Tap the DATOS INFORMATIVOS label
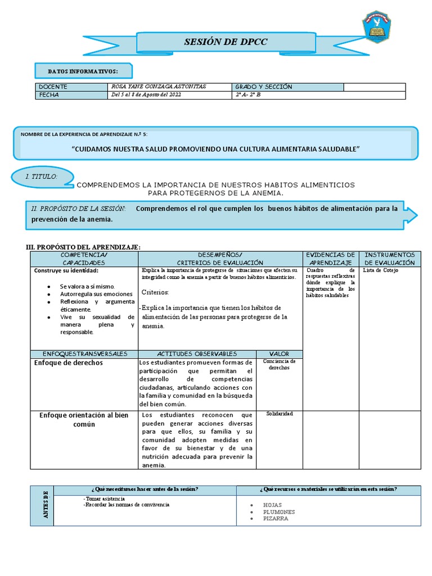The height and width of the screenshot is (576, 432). pos(83,71)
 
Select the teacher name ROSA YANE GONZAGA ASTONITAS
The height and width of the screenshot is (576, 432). pos(159,87)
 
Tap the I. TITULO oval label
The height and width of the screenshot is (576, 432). pos(43,177)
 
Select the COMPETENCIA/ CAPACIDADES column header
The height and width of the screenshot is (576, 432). pos(83,259)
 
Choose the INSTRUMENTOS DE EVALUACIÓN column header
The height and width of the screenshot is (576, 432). pos(390,259)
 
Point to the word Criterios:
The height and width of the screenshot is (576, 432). pos(155,292)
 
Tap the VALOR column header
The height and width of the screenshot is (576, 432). pos(279,354)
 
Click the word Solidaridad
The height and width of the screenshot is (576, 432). pos(279,413)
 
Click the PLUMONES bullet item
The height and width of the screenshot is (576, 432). pos(278,512)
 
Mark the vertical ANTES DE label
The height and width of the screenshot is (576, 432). pos(46,505)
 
